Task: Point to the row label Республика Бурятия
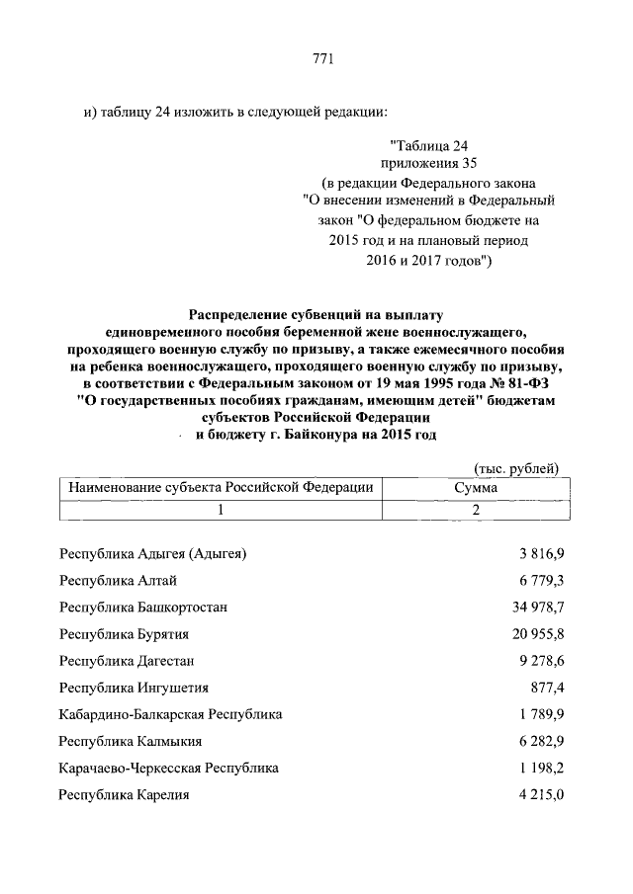[124, 633]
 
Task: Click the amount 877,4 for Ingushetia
[546, 687]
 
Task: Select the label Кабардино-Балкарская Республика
[170, 713]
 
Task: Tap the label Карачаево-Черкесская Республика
[168, 767]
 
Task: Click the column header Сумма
[476, 487]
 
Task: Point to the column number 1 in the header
[221, 509]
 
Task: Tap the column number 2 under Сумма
[476, 509]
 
